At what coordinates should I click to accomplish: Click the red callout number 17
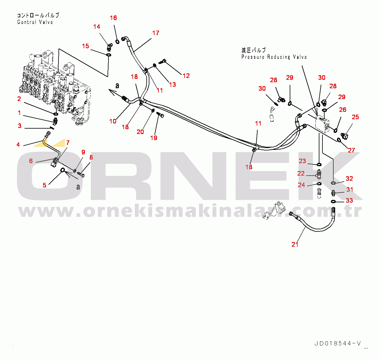156,33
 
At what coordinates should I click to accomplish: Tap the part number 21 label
295,244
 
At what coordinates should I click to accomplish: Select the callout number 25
355,117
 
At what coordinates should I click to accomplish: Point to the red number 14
97,27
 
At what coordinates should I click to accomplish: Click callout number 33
349,200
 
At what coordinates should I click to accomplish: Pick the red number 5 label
45,185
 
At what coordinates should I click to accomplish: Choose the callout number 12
186,76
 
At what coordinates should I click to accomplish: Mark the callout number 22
301,173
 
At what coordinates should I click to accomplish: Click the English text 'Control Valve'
35,22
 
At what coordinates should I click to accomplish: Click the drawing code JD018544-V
338,343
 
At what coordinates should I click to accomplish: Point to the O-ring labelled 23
319,165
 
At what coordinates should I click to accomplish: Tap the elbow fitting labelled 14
109,47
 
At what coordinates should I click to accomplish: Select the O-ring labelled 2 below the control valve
56,114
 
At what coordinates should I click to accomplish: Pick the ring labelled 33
333,202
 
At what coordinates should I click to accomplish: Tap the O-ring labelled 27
339,140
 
